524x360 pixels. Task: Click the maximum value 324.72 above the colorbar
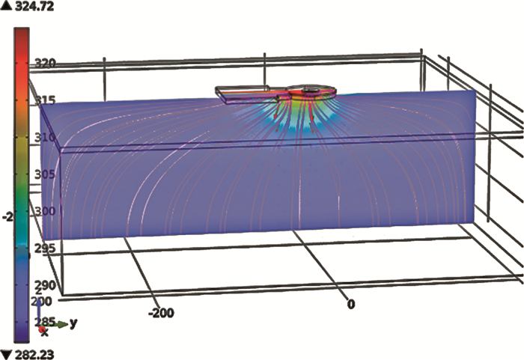pos(34,6)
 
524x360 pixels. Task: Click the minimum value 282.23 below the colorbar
pos(34,354)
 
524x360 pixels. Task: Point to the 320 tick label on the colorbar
pos(45,63)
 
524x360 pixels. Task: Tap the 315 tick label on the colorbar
pos(45,100)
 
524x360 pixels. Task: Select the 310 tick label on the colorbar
pos(45,137)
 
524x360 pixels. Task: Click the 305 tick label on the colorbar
pos(45,174)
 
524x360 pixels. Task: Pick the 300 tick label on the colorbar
pos(45,211)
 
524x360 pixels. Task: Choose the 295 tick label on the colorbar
pos(45,248)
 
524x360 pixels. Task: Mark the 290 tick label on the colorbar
pos(45,285)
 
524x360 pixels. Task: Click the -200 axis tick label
pos(162,313)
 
